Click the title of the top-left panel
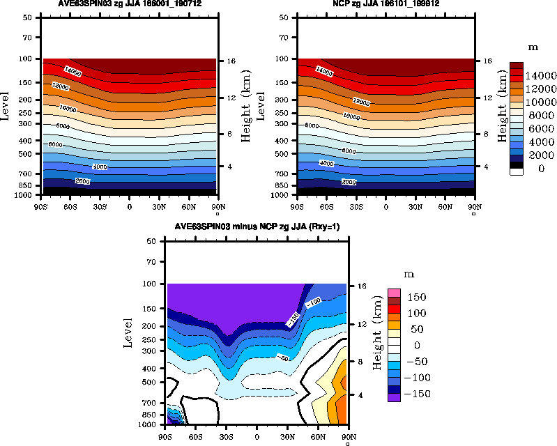tap(128, 3)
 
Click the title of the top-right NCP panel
tap(386, 3)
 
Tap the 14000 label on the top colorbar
tap(540, 75)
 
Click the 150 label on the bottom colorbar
tap(418, 298)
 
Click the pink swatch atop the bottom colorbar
tap(394, 293)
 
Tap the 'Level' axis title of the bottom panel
tap(128, 332)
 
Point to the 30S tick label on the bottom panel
tap(226, 436)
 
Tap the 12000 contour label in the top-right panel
tap(361, 102)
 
